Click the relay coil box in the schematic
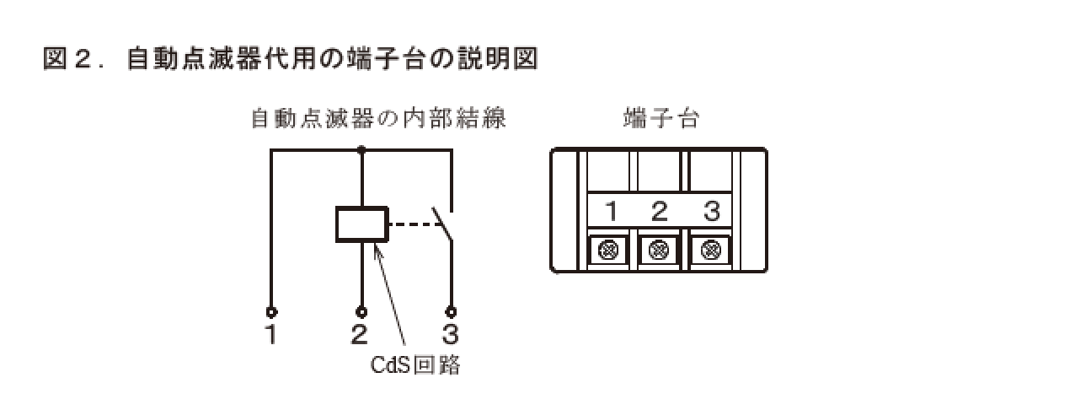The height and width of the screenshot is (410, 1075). (361, 225)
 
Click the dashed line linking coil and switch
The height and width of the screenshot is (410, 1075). (410, 225)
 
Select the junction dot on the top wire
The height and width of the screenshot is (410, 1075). (361, 150)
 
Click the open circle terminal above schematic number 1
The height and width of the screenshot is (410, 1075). (271, 311)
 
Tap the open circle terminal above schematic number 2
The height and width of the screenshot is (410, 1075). (361, 311)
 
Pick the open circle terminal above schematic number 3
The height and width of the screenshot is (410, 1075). (452, 311)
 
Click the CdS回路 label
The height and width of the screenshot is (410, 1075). (416, 368)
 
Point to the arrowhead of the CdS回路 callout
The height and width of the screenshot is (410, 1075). (376, 244)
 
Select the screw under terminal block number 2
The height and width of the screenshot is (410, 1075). (661, 250)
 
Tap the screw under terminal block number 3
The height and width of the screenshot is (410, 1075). (710, 250)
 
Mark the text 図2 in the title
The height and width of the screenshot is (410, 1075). (67, 61)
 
